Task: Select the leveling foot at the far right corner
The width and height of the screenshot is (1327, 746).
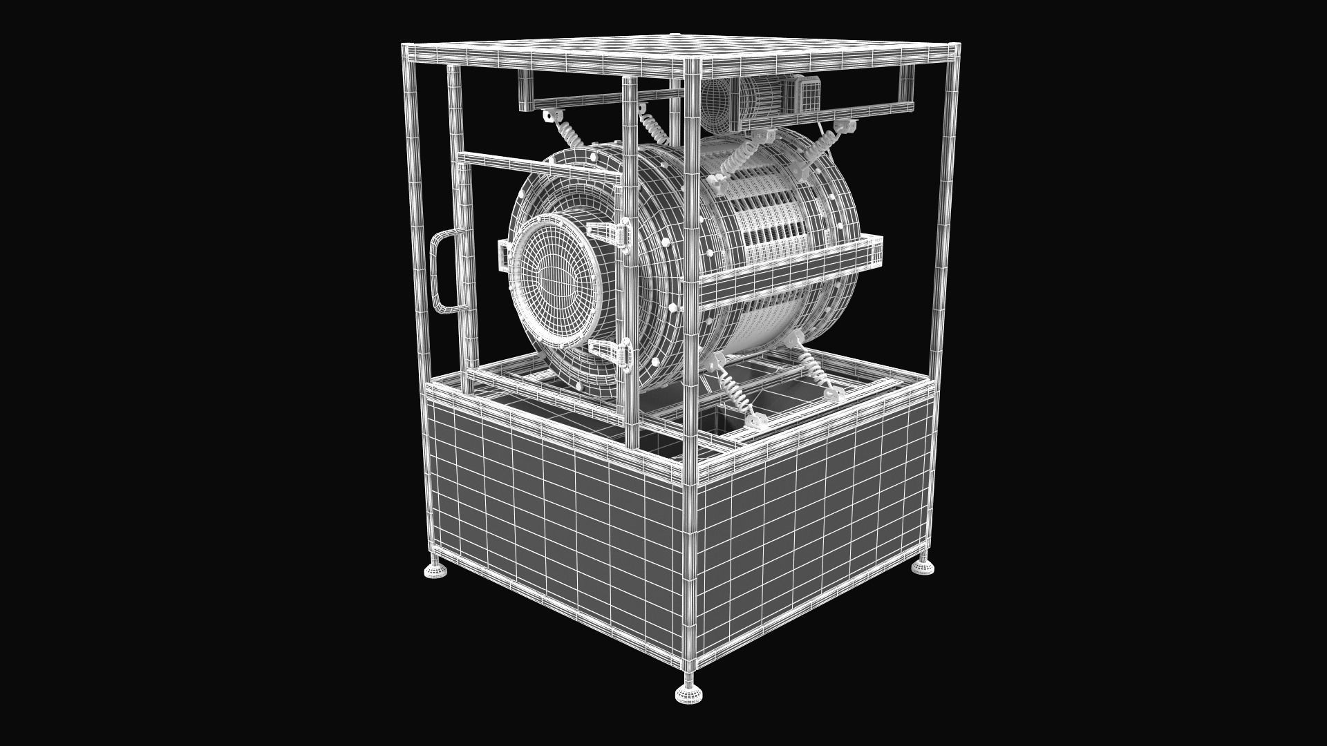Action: point(923,566)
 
